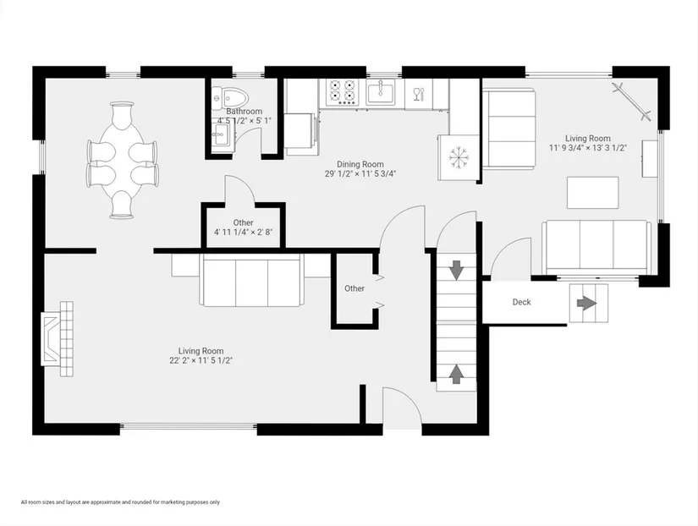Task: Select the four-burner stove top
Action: [342, 92]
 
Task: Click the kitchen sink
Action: [381, 92]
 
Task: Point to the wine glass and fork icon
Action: [419, 94]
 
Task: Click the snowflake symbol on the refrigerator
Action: [457, 157]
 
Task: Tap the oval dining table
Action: [122, 160]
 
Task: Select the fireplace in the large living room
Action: [57, 338]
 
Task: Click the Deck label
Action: [522, 302]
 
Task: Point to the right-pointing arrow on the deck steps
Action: [586, 304]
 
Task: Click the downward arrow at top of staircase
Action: [456, 270]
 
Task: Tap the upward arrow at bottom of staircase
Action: [456, 375]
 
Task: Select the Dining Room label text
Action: [360, 164]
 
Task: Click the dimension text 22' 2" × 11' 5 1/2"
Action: [201, 360]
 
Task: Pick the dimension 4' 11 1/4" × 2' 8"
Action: [243, 232]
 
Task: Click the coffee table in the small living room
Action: [593, 192]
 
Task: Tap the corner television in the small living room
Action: [632, 101]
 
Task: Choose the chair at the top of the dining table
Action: [122, 114]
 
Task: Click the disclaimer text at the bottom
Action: [120, 502]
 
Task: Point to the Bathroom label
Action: [245, 112]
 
